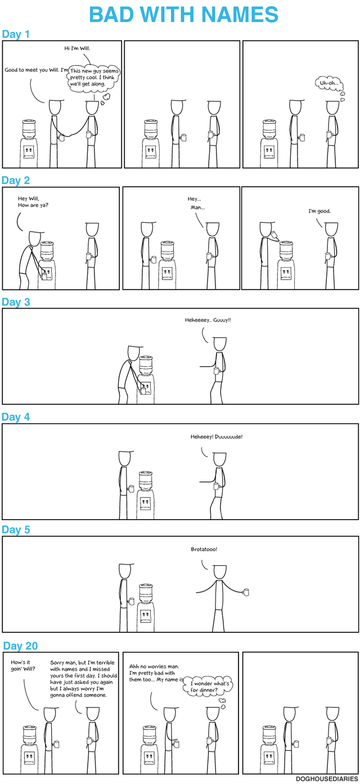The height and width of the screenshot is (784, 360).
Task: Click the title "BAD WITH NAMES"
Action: point(183,15)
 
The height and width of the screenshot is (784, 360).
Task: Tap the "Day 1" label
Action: point(16,35)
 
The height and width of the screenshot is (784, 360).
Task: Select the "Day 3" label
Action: point(16,302)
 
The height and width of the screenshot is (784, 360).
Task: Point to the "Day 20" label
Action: point(20,646)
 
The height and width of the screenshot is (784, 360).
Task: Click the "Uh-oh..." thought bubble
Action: point(329,83)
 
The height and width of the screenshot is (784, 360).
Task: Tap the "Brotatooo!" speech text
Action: point(204,549)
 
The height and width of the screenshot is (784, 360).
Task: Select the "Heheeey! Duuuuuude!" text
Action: point(217,436)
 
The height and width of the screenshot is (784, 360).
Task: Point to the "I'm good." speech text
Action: point(319,211)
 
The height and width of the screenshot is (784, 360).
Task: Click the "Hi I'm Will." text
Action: point(77,49)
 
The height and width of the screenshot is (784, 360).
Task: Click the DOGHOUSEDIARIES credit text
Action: point(326,778)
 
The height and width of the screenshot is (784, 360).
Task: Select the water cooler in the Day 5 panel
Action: point(146,605)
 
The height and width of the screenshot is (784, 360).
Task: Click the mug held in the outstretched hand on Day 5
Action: point(245,592)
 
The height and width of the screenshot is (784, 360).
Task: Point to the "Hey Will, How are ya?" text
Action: point(33,202)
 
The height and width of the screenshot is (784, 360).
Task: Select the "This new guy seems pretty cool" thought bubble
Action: point(92,77)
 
